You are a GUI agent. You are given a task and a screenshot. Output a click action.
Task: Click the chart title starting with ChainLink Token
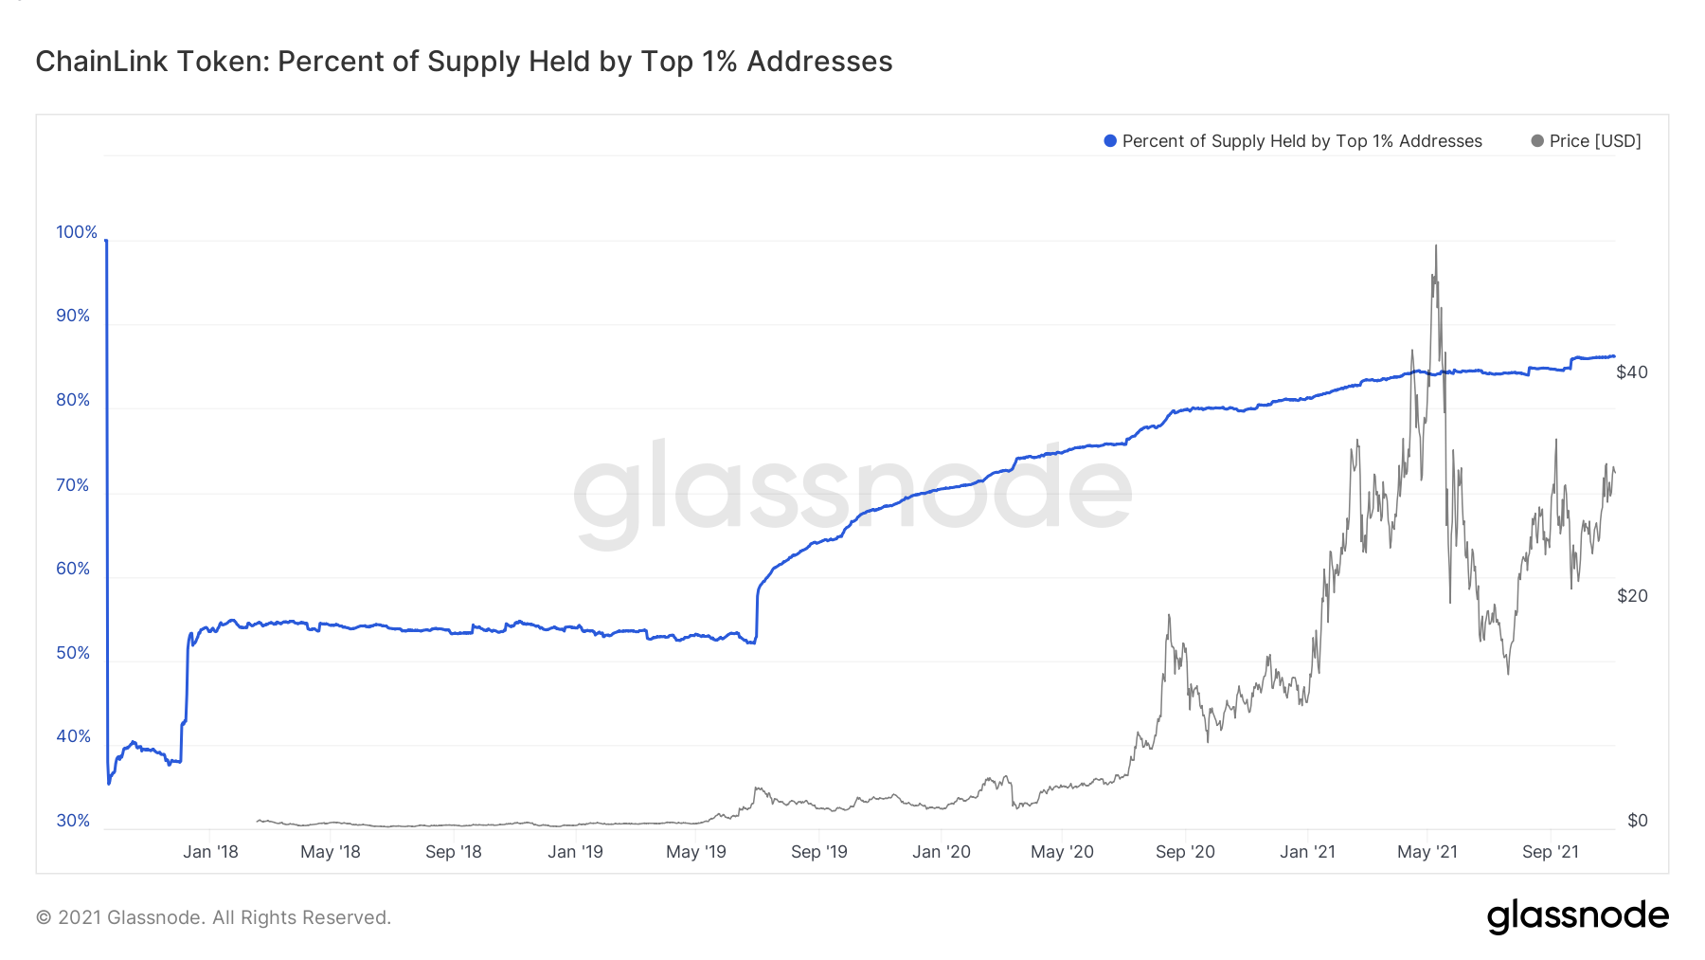click(x=463, y=62)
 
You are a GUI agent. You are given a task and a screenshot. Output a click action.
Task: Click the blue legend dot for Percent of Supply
click(x=1110, y=141)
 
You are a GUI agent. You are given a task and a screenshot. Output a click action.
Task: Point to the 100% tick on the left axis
click(x=77, y=232)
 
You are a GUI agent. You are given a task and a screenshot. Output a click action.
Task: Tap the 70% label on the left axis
click(x=73, y=485)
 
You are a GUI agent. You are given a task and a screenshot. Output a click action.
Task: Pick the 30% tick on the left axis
click(x=73, y=821)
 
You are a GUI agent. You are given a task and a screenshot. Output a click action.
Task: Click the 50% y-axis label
click(x=73, y=653)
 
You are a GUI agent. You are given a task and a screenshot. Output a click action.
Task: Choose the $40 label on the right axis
click(x=1631, y=372)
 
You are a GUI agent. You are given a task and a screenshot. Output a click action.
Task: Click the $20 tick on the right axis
click(x=1631, y=596)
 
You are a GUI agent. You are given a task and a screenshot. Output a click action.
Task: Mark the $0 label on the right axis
click(x=1637, y=821)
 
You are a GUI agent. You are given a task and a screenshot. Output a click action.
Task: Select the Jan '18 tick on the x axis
click(x=210, y=852)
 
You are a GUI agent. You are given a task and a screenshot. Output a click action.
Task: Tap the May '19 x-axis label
click(x=695, y=852)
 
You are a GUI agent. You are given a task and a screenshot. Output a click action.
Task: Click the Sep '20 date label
click(x=1185, y=852)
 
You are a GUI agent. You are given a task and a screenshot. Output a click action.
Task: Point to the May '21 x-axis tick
click(x=1427, y=852)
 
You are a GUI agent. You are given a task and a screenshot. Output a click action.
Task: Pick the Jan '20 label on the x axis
click(x=941, y=852)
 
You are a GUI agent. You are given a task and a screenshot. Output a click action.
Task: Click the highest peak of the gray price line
click(x=1435, y=246)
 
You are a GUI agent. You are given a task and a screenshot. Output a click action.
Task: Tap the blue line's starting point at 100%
click(x=106, y=241)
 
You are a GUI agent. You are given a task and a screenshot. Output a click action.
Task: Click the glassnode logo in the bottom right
click(x=1577, y=916)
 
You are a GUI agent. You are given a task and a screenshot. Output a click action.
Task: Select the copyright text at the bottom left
click(x=213, y=917)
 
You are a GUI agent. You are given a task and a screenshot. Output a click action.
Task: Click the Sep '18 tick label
click(x=453, y=852)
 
